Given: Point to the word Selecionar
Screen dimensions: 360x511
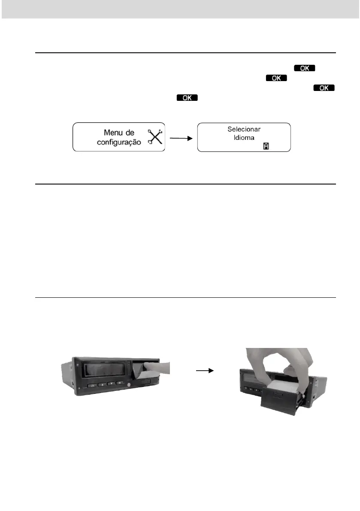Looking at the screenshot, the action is click(x=244, y=129).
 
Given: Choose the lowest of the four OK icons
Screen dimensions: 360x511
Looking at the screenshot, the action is click(x=187, y=98).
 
